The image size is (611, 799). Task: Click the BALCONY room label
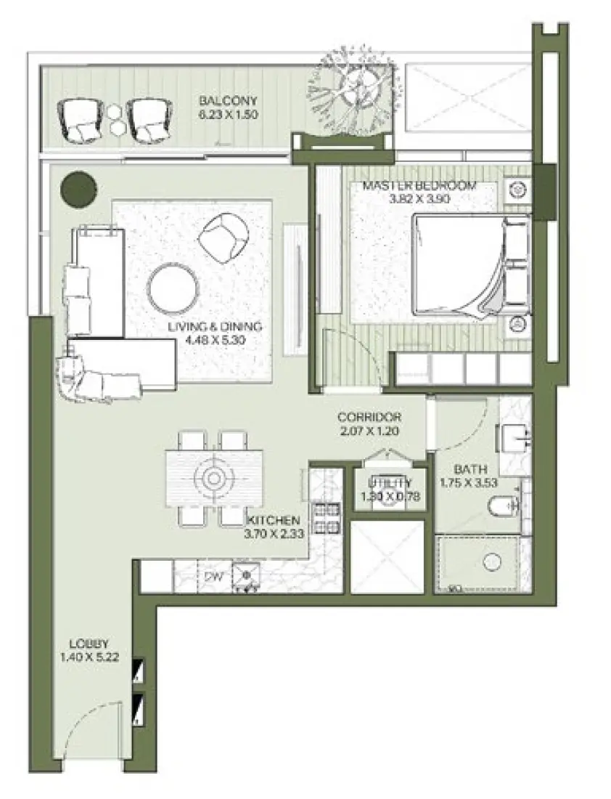(229, 101)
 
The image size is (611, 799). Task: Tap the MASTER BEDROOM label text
(419, 186)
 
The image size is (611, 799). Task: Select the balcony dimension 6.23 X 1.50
(229, 115)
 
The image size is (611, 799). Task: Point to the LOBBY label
(89, 644)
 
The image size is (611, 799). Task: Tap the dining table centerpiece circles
(214, 478)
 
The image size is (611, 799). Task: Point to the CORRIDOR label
(369, 418)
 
